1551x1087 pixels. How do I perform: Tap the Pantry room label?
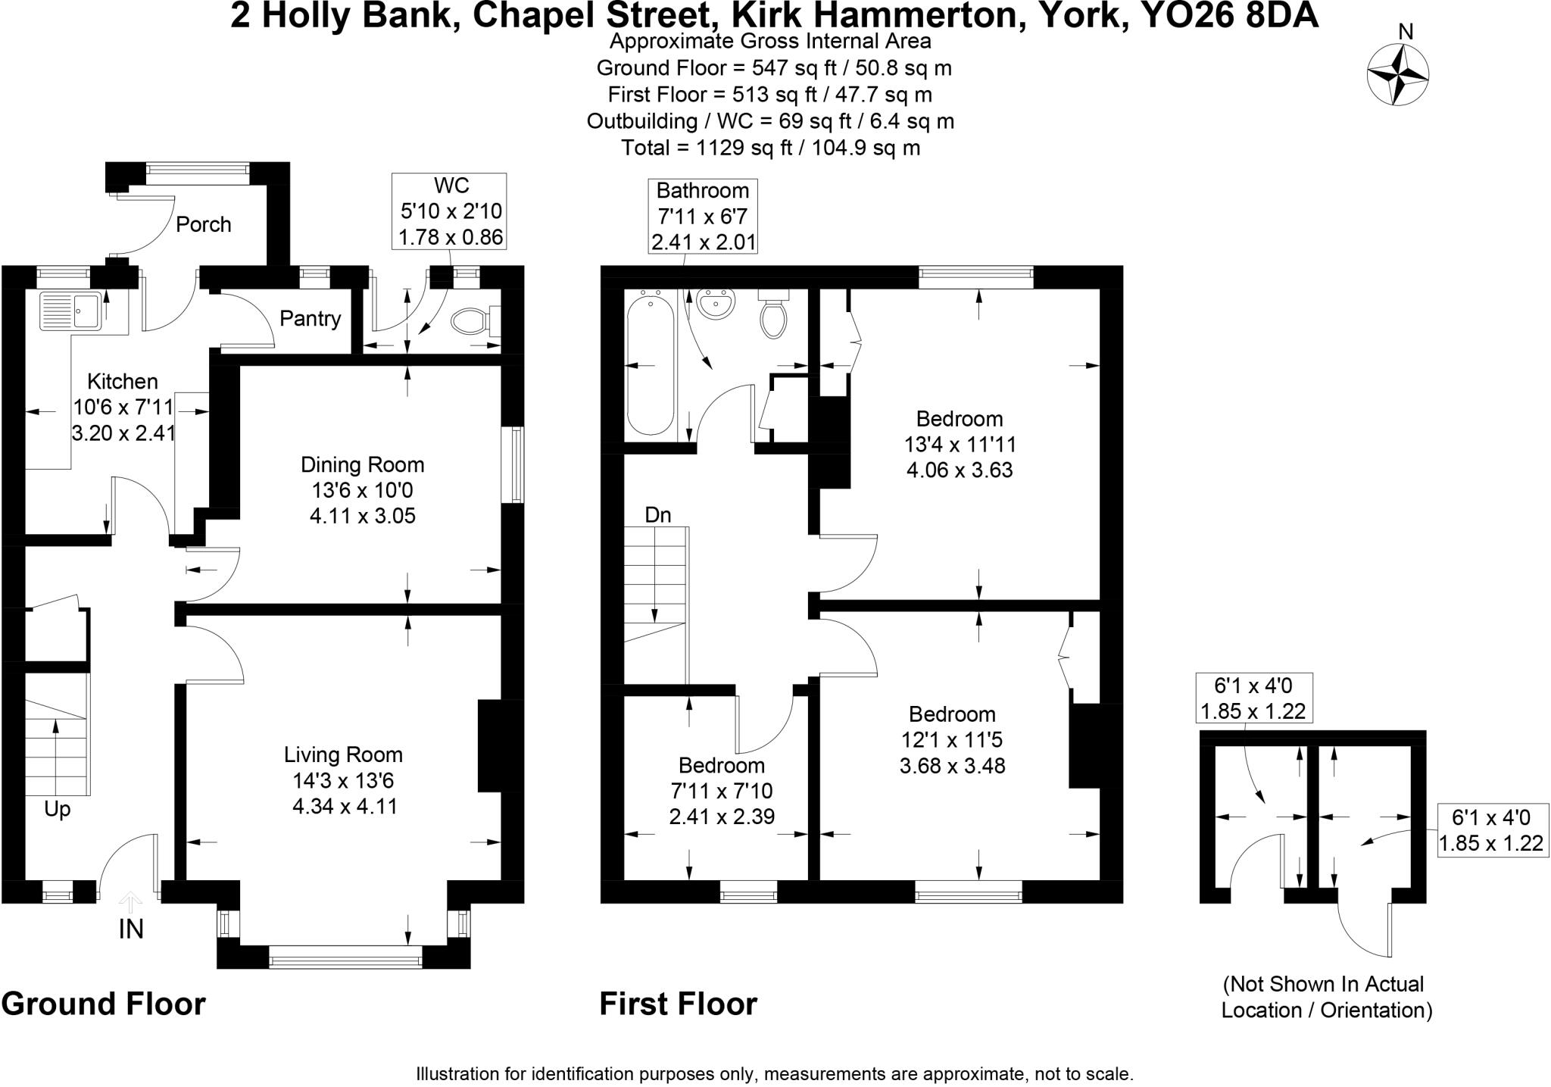click(310, 318)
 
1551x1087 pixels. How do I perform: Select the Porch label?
click(203, 224)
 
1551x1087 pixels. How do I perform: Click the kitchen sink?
click(70, 311)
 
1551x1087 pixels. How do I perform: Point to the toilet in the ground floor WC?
click(470, 320)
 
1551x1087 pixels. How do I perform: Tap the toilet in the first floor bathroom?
click(773, 317)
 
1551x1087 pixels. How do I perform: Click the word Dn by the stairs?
click(657, 515)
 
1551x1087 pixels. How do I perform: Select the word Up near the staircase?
click(57, 809)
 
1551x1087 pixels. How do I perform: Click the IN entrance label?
click(131, 929)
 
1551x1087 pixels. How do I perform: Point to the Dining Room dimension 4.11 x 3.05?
click(363, 516)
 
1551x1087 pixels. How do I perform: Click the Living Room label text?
click(343, 754)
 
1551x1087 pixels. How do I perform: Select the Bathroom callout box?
click(703, 216)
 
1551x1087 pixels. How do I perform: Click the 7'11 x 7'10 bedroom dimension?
click(721, 791)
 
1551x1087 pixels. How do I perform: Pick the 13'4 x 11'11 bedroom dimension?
click(960, 444)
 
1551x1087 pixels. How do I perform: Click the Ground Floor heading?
click(104, 1004)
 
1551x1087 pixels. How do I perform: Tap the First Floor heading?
click(678, 1004)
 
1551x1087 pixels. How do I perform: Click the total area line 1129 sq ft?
click(770, 147)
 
